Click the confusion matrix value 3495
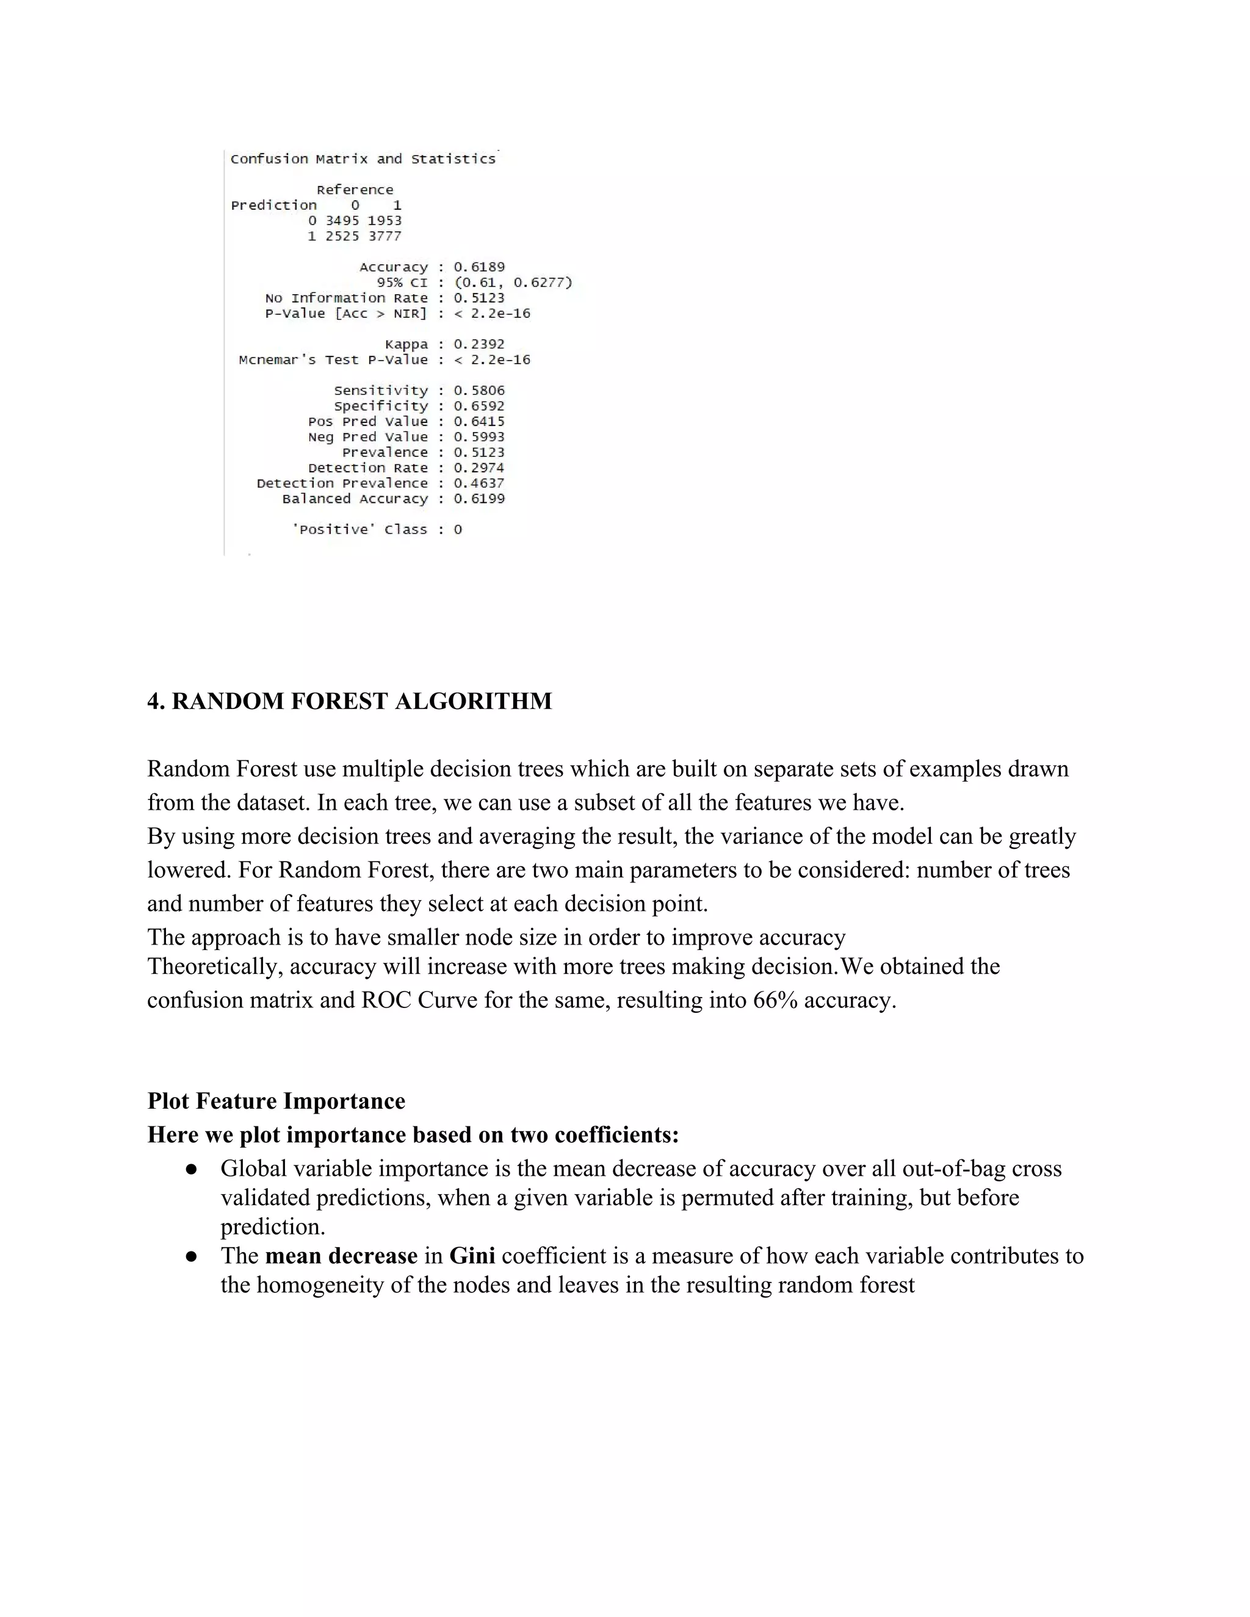pyautogui.click(x=342, y=221)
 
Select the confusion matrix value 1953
pyautogui.click(x=385, y=221)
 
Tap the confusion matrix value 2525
pyautogui.click(x=342, y=236)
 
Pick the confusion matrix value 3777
pyautogui.click(x=385, y=236)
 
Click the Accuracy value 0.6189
pyautogui.click(x=479, y=267)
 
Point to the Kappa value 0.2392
pyautogui.click(x=479, y=344)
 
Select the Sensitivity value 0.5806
pyautogui.click(x=479, y=390)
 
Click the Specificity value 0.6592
pyautogui.click(x=479, y=406)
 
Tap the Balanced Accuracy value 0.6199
pyautogui.click(x=479, y=499)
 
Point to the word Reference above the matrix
pyautogui.click(x=355, y=190)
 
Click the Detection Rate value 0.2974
pyautogui.click(x=479, y=468)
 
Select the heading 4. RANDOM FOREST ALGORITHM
pyautogui.click(x=350, y=701)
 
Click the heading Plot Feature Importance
pyautogui.click(x=276, y=1101)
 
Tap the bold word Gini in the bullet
pyautogui.click(x=472, y=1256)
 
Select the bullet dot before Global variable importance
pyautogui.click(x=191, y=1169)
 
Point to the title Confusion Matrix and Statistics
pyautogui.click(x=363, y=159)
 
